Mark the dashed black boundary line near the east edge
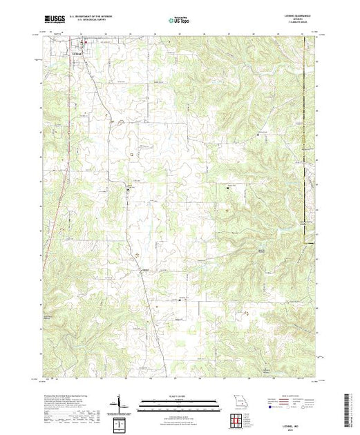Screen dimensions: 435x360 click(305, 138)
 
